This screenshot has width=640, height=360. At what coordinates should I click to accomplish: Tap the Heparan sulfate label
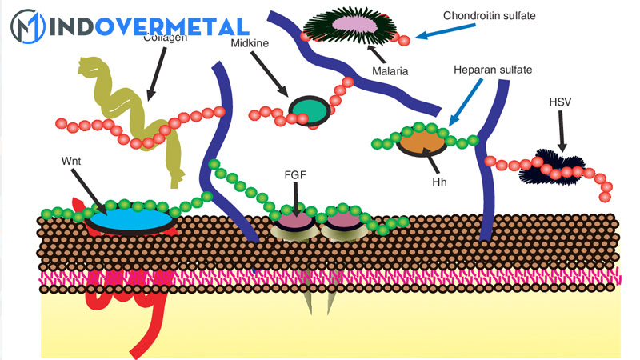(x=493, y=70)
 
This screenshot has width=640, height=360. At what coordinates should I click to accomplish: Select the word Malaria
(x=390, y=71)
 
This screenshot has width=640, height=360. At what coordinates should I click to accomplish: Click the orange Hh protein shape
(x=422, y=142)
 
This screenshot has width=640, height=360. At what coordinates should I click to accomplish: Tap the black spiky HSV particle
(x=552, y=166)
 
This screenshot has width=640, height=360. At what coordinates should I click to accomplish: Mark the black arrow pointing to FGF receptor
(x=295, y=197)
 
